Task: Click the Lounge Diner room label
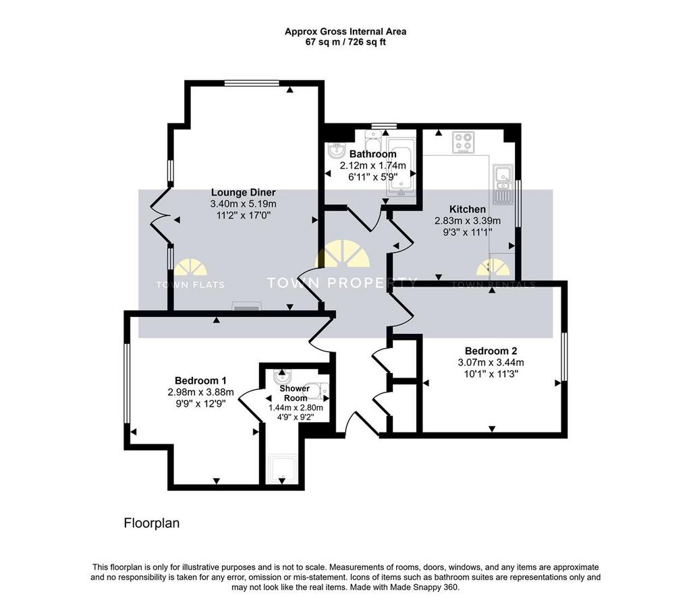click(243, 192)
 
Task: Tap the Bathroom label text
click(372, 154)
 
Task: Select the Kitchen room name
click(468, 209)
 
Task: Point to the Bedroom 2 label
click(491, 351)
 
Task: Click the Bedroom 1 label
click(200, 380)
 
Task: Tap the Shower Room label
click(295, 393)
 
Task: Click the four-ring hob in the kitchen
click(464, 142)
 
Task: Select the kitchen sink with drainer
click(502, 184)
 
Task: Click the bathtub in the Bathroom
click(401, 167)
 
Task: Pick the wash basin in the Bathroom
click(338, 150)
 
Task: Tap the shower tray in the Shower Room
click(283, 469)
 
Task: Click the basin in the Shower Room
click(281, 377)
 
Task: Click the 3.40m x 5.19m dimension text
click(243, 204)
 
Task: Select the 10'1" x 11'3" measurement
click(491, 374)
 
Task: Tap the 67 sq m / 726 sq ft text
click(345, 42)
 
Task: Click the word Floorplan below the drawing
click(152, 523)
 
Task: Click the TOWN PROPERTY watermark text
click(341, 283)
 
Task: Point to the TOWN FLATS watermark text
click(190, 285)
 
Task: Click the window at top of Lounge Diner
click(252, 83)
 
